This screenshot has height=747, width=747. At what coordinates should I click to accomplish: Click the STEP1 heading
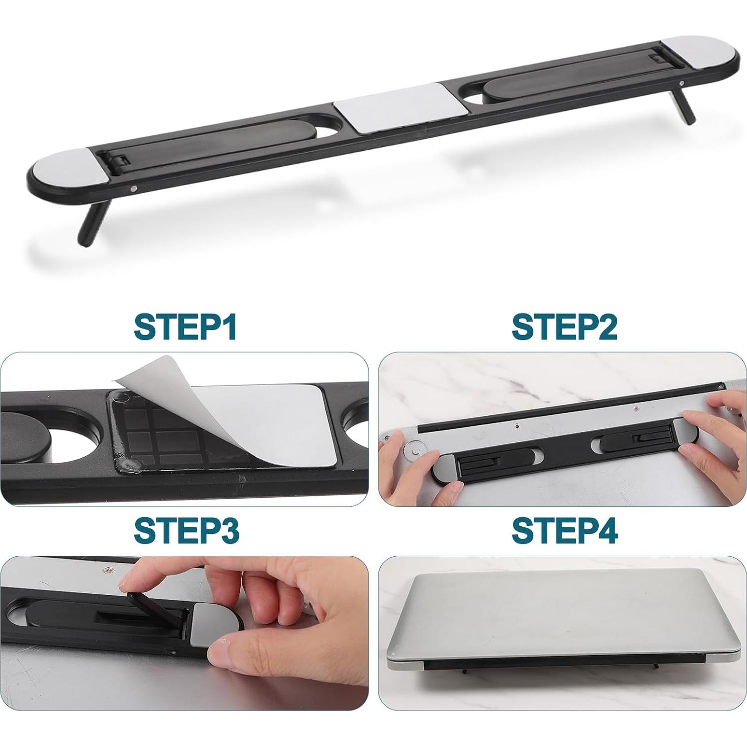(185, 327)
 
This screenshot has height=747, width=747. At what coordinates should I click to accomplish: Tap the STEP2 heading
(564, 327)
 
